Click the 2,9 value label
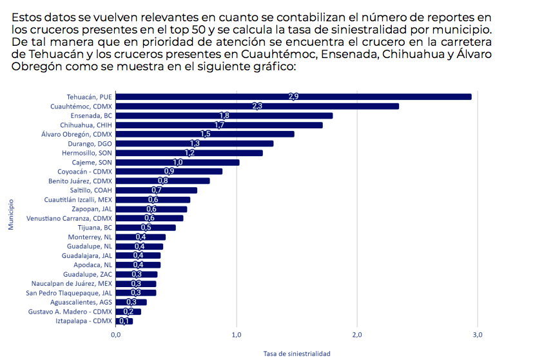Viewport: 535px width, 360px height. coord(293,97)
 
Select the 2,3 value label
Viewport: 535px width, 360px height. coord(257,106)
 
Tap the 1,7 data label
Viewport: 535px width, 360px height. coord(219,125)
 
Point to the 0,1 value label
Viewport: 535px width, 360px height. coord(124,321)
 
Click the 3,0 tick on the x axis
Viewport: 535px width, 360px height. coord(478,334)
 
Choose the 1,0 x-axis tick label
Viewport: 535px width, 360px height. coord(237,334)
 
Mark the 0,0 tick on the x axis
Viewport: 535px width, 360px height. coord(116,334)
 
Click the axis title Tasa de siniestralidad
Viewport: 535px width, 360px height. coord(297,354)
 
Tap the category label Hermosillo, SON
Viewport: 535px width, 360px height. coord(87,153)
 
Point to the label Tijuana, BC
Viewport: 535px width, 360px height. coord(94,228)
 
